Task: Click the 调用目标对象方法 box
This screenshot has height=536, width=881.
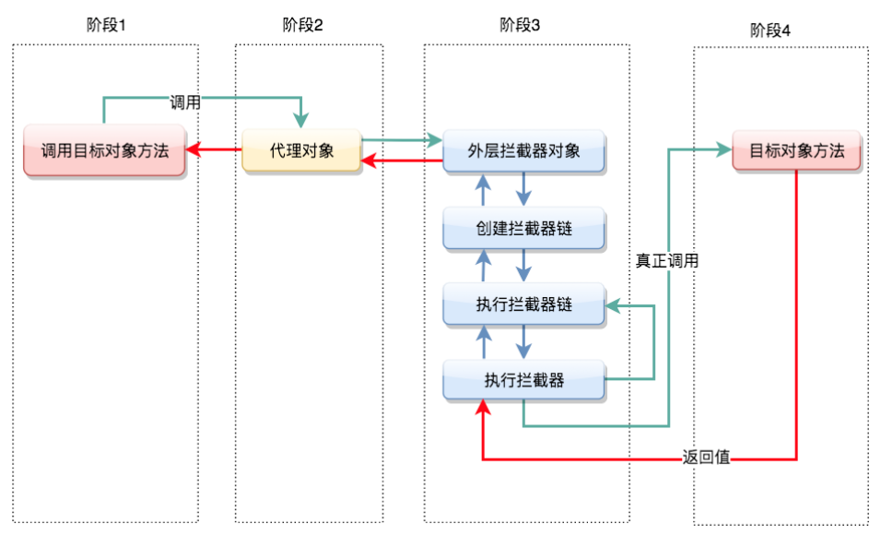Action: tap(105, 150)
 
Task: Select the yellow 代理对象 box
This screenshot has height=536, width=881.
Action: tap(301, 150)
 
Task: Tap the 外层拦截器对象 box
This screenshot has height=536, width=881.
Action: tap(523, 150)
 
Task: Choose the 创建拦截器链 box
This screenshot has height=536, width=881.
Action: tap(523, 228)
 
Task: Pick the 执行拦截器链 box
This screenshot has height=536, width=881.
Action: tap(523, 304)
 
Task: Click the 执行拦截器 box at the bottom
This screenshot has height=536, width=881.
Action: tap(523, 380)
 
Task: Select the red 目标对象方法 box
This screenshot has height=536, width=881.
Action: tap(796, 150)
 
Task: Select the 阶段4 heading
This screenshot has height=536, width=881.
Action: tap(770, 30)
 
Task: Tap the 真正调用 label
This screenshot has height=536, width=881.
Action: tap(667, 261)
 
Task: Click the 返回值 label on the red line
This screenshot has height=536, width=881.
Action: tap(707, 458)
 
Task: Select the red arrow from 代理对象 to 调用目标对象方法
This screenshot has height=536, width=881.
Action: tap(214, 149)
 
